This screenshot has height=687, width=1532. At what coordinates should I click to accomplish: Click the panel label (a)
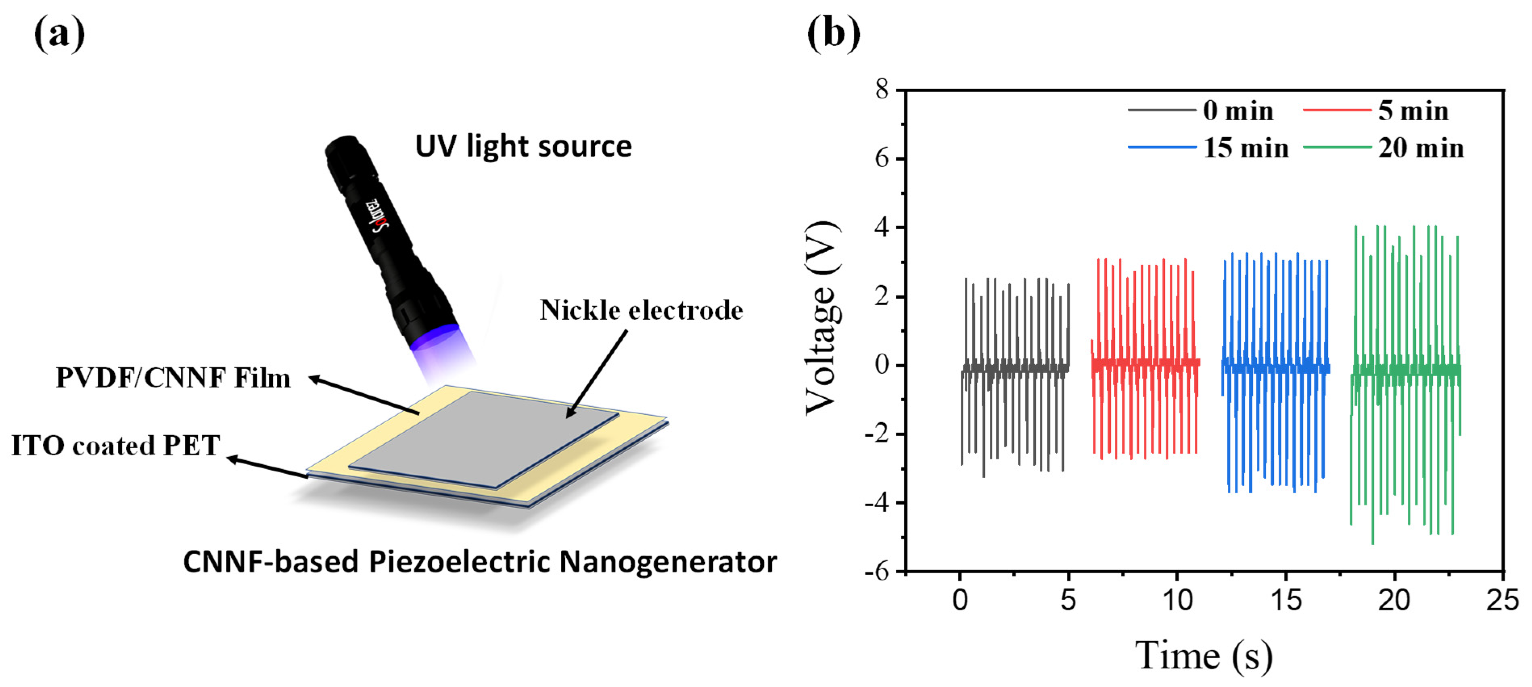tap(59, 34)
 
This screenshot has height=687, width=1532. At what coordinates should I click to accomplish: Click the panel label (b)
tap(833, 34)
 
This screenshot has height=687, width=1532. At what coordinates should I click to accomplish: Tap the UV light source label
tap(523, 147)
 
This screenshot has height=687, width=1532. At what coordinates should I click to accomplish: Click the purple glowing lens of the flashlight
tap(434, 337)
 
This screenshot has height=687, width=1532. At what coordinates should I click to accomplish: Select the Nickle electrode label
tap(641, 310)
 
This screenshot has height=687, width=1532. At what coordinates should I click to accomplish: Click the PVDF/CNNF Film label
tap(173, 378)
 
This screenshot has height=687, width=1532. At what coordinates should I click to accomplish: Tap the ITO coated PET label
tap(115, 446)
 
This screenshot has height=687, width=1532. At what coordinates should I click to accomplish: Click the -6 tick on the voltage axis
tap(877, 572)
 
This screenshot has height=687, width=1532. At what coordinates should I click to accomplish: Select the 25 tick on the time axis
tap(1502, 601)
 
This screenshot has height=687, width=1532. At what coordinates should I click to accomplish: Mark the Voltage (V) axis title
tap(823, 318)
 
